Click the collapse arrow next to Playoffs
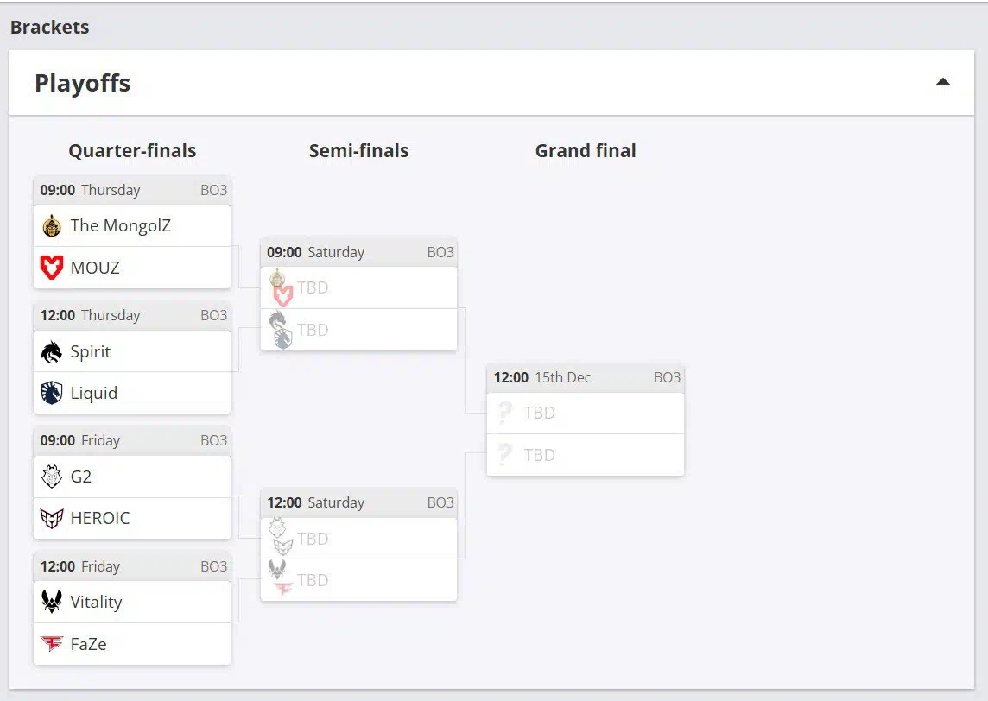[x=943, y=83]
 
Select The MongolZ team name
[x=120, y=225]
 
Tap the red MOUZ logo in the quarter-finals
[x=52, y=268]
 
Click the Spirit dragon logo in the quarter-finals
[x=52, y=351]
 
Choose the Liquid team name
[x=93, y=393]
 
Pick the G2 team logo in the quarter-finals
[x=52, y=477]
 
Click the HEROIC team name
[x=100, y=518]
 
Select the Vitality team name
[x=96, y=602]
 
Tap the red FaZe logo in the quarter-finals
[x=52, y=644]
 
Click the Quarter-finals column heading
[x=132, y=150]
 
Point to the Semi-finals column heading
[x=358, y=150]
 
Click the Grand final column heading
[x=586, y=150]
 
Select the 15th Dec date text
[x=562, y=377]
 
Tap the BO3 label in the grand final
[x=667, y=377]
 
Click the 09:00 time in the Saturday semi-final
[x=284, y=252]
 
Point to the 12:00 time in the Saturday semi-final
[x=284, y=502]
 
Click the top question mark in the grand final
[x=505, y=413]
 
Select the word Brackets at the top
[x=49, y=27]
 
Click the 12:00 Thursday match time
[x=58, y=315]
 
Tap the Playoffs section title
[x=82, y=83]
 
